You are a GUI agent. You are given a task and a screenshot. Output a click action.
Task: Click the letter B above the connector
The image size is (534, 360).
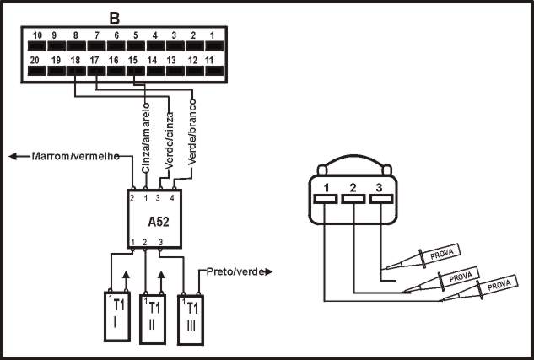click(115, 19)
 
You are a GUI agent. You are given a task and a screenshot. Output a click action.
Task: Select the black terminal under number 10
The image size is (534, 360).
click(37, 46)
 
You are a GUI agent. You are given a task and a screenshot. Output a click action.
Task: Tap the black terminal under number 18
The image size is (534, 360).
click(77, 71)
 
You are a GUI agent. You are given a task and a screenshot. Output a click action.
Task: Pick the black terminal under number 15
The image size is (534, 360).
click(136, 71)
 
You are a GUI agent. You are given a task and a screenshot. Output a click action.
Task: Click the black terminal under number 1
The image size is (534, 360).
click(214, 46)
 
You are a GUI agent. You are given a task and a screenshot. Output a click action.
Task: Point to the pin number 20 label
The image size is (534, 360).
click(35, 60)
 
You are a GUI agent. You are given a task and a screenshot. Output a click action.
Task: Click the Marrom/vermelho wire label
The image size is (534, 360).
click(76, 156)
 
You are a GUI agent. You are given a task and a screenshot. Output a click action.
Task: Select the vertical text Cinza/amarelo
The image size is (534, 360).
click(146, 137)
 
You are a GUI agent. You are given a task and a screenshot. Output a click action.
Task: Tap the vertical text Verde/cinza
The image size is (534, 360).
click(170, 140)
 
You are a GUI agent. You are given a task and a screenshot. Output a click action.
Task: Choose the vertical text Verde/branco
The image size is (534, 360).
click(192, 132)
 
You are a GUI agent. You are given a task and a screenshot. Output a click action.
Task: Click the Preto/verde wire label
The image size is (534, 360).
click(235, 271)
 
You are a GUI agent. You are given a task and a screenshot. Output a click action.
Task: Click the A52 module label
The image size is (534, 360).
click(159, 222)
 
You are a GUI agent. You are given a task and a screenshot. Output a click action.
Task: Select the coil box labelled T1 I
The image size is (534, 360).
click(116, 316)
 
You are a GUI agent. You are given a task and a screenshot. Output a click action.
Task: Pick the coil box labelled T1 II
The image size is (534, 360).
click(153, 320)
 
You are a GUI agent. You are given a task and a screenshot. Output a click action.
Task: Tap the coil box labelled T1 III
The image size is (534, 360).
click(191, 320)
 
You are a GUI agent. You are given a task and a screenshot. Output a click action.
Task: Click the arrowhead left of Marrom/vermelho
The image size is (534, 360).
click(13, 156)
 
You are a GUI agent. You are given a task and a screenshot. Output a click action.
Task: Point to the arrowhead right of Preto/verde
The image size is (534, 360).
click(269, 271)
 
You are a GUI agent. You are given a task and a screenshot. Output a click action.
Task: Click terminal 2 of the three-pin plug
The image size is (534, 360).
click(353, 199)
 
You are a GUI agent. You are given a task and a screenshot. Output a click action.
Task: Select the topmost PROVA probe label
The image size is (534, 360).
click(442, 254)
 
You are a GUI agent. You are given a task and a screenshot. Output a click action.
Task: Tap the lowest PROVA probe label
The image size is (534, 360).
click(499, 285)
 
